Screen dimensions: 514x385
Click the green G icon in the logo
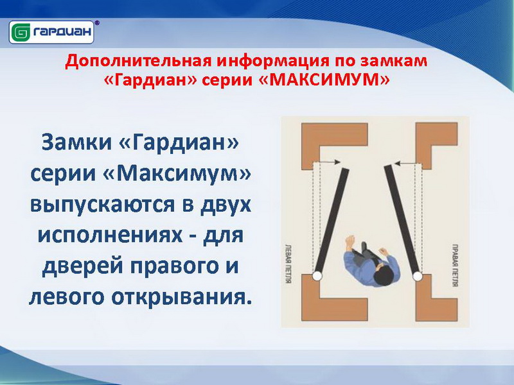[x=21, y=33]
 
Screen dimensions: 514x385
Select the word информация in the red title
[x=272, y=61]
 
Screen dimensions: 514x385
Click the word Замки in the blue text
[x=76, y=142]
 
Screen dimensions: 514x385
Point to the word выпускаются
[x=102, y=205]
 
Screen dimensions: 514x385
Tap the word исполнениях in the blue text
[x=110, y=235]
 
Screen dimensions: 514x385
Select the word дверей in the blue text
[x=84, y=266]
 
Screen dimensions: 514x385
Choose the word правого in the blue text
[x=174, y=266]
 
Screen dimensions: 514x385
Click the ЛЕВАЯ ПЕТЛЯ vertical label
[x=288, y=264]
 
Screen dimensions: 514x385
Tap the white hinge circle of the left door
[x=317, y=276]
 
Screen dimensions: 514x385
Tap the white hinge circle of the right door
[x=417, y=277]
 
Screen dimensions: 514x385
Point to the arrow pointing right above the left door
[x=329, y=162]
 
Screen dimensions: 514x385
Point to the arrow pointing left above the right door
[x=405, y=163]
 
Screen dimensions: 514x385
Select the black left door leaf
[x=331, y=220]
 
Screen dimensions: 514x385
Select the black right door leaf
[x=403, y=219]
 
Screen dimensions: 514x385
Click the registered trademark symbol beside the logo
[x=97, y=23]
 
